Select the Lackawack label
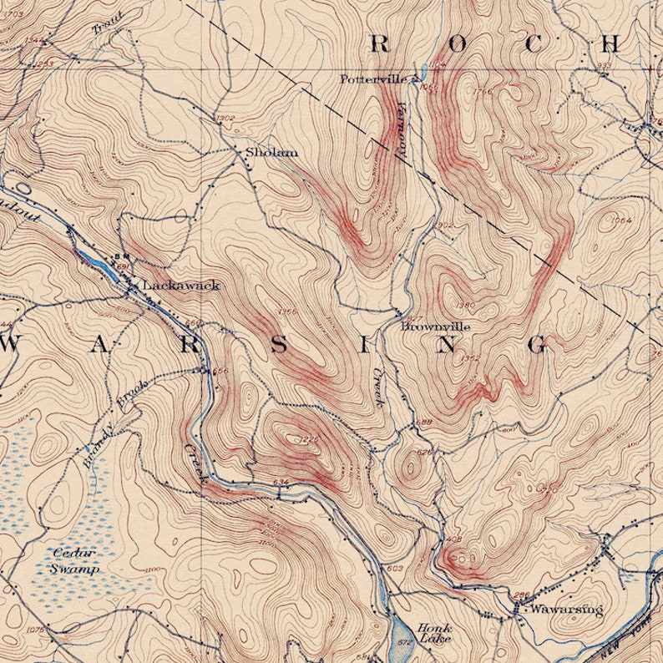point(181,285)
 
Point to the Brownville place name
point(435,326)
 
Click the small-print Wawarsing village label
point(568,610)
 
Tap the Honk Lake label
point(434,633)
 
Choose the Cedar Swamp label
point(74,560)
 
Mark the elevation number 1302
point(225,119)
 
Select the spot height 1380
point(466,304)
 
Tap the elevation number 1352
point(470,357)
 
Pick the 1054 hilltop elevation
point(621,220)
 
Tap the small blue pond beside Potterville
point(423,73)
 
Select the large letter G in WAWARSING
point(539,344)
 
